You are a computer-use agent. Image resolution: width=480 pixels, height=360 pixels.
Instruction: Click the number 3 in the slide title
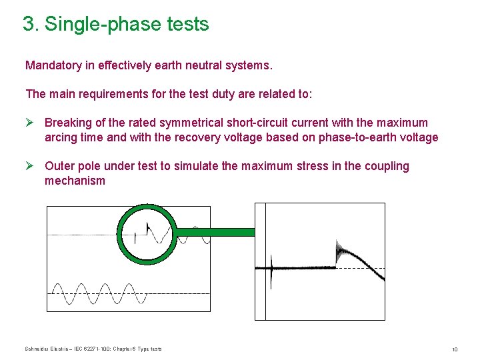click(27, 25)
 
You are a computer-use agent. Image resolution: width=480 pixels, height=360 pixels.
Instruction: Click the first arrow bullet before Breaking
click(30, 123)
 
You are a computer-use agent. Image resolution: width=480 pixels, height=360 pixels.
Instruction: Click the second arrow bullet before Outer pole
click(30, 166)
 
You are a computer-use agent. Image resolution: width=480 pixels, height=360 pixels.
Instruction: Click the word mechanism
click(75, 181)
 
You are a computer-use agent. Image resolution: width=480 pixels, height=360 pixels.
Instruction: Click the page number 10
click(454, 350)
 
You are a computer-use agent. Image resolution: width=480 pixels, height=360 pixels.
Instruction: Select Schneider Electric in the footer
click(43, 349)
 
